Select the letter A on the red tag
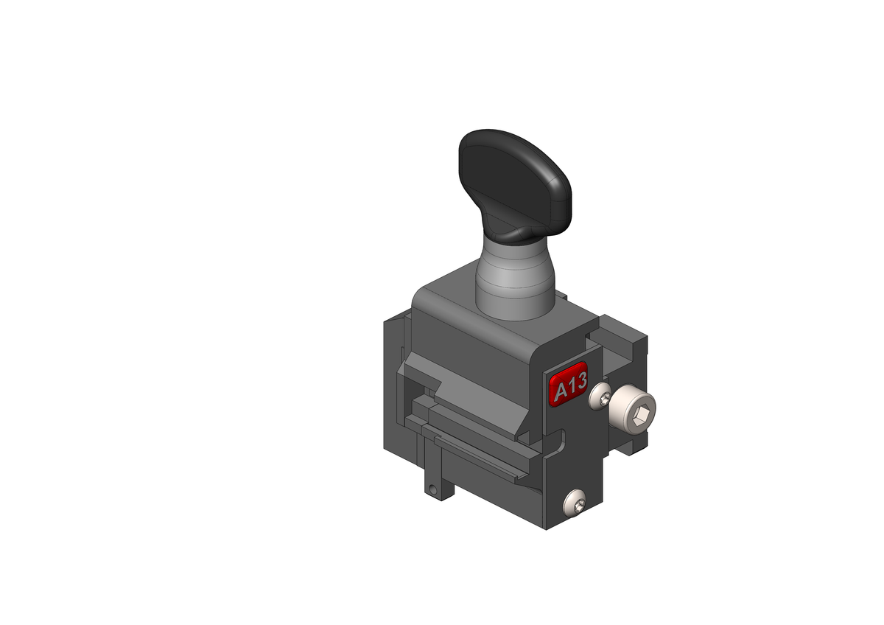560,391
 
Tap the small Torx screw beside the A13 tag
603,398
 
